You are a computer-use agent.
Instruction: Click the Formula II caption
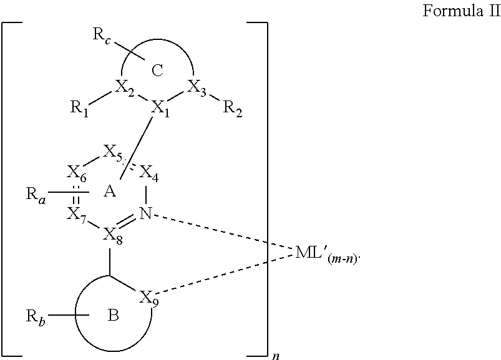pos(462,12)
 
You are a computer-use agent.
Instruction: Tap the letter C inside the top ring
pos(157,70)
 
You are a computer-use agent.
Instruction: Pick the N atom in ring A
pos(145,214)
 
